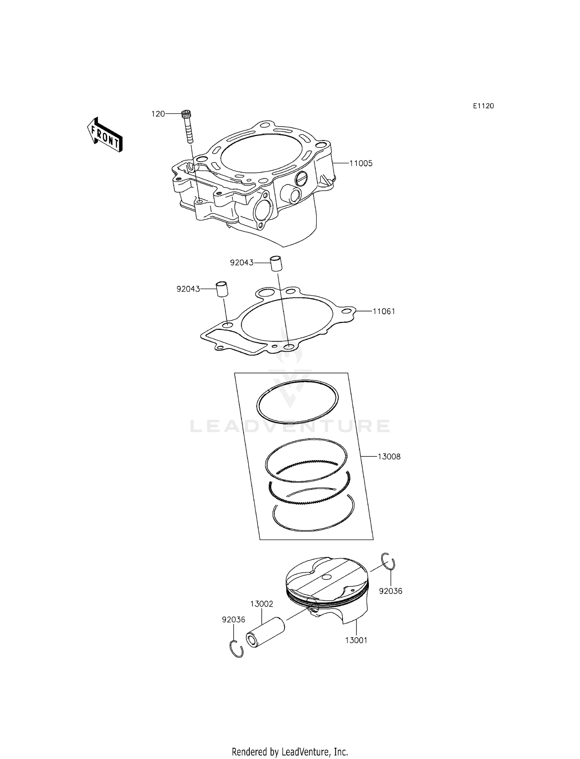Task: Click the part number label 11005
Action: point(361,164)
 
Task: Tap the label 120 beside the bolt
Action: point(158,114)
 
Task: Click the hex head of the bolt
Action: point(186,114)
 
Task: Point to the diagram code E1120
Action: point(483,106)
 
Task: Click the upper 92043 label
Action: point(242,263)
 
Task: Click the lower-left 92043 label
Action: point(188,289)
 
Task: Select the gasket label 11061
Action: point(384,311)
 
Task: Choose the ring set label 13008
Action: point(389,456)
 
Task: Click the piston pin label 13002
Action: point(261,604)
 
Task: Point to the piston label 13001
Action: point(356,640)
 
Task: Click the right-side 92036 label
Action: point(391,591)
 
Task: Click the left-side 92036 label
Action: point(234,619)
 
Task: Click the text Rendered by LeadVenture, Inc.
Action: point(290,741)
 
